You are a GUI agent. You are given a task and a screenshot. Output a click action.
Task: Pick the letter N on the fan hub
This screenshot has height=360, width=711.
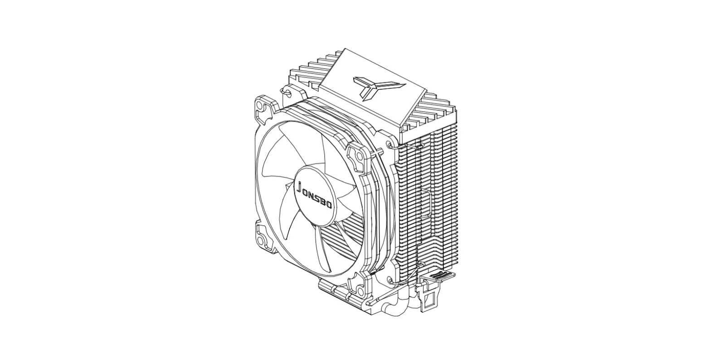(x=312, y=194)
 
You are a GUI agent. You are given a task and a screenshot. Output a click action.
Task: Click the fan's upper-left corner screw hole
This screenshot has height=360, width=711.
(x=260, y=107)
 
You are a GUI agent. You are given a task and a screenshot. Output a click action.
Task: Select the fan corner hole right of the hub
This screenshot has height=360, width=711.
(x=360, y=157)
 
